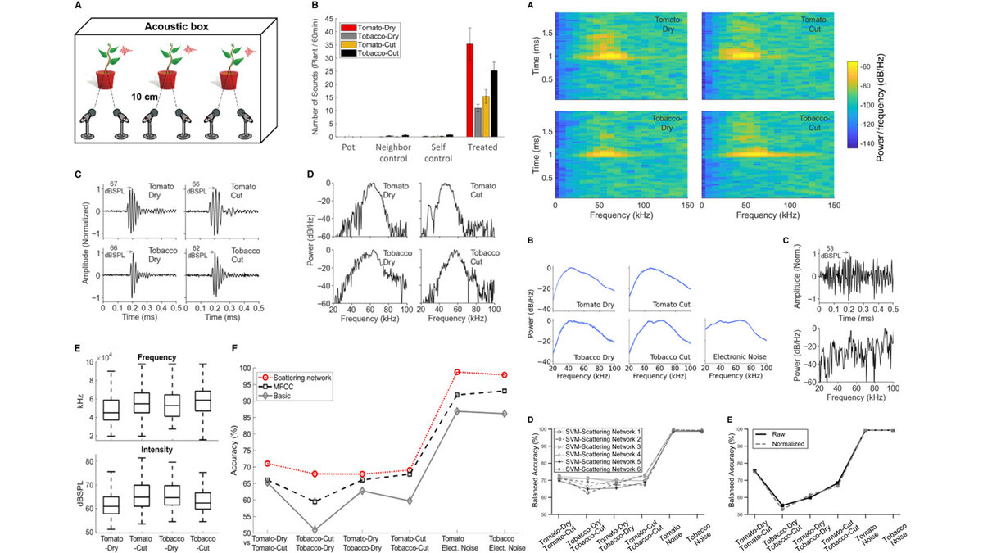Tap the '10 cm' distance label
[147, 96]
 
